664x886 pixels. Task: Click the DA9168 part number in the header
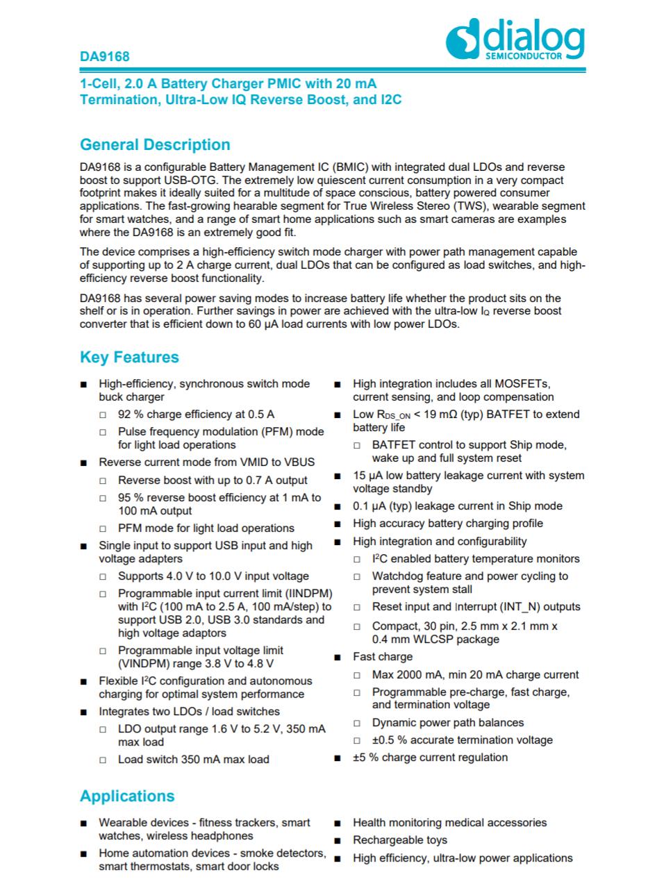tap(104, 56)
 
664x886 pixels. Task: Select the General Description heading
tap(155, 145)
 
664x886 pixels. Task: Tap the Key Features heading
tap(129, 358)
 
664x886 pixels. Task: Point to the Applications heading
tap(127, 796)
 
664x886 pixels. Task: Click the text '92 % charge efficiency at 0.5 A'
tap(196, 415)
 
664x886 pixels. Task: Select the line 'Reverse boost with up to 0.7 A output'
tap(213, 480)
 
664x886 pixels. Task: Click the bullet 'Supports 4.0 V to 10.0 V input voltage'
tap(213, 576)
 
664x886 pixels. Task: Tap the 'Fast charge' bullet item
tap(382, 657)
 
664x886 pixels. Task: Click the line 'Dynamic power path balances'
tap(448, 723)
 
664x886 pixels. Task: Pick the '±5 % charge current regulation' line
tap(430, 758)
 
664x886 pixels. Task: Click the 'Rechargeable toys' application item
tap(400, 840)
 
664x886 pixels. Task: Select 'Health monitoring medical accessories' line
tap(449, 823)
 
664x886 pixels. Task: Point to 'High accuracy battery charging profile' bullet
tap(448, 524)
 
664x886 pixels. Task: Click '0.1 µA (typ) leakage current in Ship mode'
tap(458, 506)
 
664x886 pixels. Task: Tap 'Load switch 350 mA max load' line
tap(194, 760)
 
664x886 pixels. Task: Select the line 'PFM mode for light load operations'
tap(206, 528)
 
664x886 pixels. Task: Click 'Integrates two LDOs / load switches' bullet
tap(189, 712)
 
